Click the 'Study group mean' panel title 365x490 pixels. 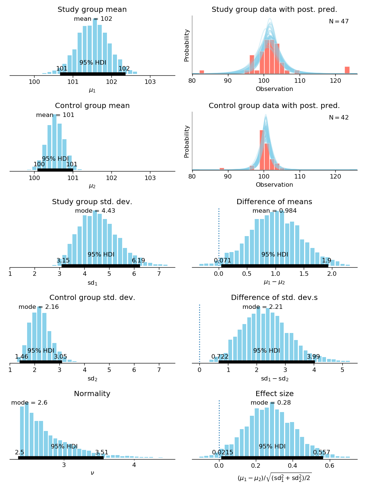(x=92, y=10)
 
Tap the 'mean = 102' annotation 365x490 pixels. (x=93, y=19)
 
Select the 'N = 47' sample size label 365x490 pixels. (x=339, y=22)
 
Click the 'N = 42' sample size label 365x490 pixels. (x=339, y=118)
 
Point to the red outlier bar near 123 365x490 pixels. (x=347, y=70)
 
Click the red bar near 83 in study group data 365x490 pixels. (x=202, y=72)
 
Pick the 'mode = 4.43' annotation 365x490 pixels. (x=95, y=211)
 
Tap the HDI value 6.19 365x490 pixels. (x=138, y=261)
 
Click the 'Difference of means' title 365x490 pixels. (x=274, y=202)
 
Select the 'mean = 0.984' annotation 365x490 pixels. (x=274, y=211)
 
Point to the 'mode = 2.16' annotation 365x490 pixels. (x=39, y=307)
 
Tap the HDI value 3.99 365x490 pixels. (x=313, y=357)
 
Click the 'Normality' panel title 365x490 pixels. (x=92, y=394)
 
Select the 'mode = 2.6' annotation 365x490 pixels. (x=29, y=403)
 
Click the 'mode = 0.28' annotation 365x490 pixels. (x=271, y=403)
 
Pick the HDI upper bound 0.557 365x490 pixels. (x=322, y=453)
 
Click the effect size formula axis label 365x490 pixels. (x=274, y=477)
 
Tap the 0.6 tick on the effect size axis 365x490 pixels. (x=329, y=466)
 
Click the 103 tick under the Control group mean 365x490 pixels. (x=150, y=178)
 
